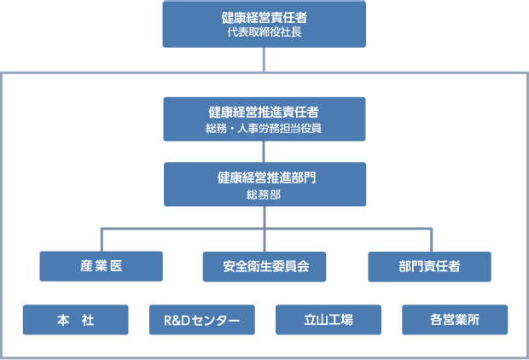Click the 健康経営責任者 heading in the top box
click(264, 16)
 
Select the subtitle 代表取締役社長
click(264, 32)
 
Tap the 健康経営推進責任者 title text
click(264, 112)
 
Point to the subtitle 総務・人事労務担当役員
click(264, 128)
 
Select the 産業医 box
click(101, 266)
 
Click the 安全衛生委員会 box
click(264, 266)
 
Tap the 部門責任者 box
click(429, 266)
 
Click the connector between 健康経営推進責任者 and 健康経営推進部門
click(264, 152)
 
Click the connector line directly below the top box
click(264, 60)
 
